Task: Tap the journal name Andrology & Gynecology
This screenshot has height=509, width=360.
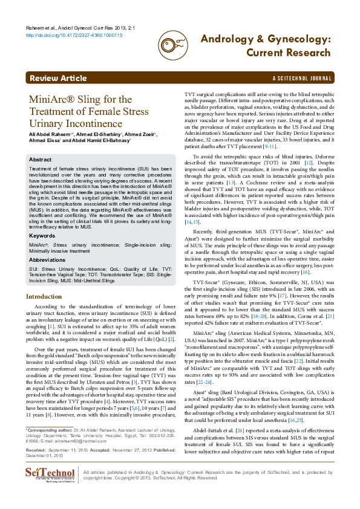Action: (266, 39)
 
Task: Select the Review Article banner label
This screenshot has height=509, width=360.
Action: (58, 79)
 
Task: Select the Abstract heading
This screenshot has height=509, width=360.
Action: (41, 160)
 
